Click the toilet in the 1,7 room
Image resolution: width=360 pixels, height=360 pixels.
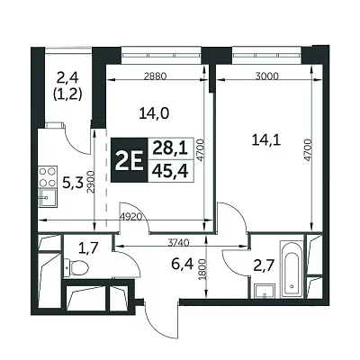[76, 267]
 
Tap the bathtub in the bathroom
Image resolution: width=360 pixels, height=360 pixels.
[292, 268]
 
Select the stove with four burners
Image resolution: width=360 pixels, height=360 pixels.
[48, 177]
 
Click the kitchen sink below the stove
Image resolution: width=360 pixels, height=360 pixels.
[48, 198]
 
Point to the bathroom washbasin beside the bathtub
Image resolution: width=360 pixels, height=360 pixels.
[264, 291]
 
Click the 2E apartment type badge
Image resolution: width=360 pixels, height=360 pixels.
[130, 160]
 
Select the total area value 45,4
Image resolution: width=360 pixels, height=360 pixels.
[170, 171]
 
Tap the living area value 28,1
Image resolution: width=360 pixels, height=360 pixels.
[170, 148]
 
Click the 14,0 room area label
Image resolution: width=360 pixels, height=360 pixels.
[155, 113]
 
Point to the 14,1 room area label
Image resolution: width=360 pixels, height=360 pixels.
[266, 140]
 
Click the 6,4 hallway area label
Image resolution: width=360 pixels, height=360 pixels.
[182, 265]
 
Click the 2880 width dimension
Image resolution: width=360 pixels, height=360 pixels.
[155, 76]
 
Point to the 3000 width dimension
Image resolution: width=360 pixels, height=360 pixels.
[267, 76]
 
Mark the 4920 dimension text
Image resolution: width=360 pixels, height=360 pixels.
[130, 217]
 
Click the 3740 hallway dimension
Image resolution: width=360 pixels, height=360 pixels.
[178, 243]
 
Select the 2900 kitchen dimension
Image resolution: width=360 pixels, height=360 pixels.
[92, 182]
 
